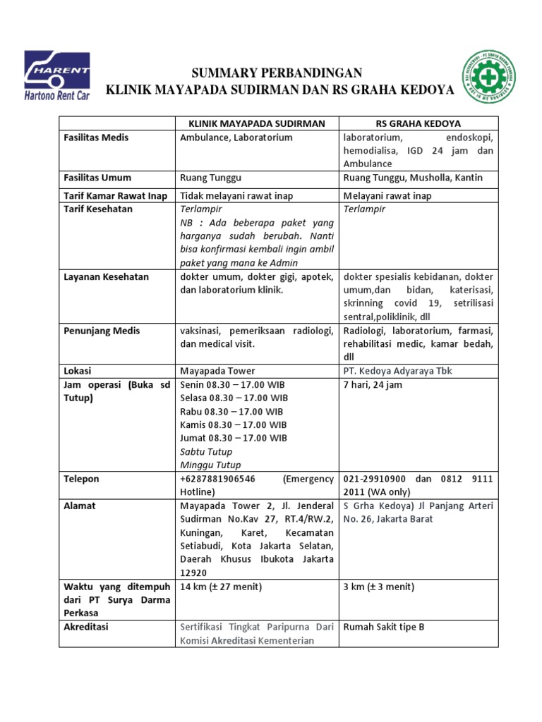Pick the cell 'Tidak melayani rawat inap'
tap(236, 195)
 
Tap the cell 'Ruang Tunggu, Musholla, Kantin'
tap(413, 178)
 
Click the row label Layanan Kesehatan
tap(105, 277)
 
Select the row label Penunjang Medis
tap(102, 331)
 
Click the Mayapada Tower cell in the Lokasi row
tap(217, 371)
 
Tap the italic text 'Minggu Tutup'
tap(210, 465)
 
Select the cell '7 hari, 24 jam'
tap(373, 384)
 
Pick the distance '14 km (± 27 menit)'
tap(221, 587)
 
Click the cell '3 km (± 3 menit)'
tap(378, 587)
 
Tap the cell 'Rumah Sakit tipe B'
tap(384, 627)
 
